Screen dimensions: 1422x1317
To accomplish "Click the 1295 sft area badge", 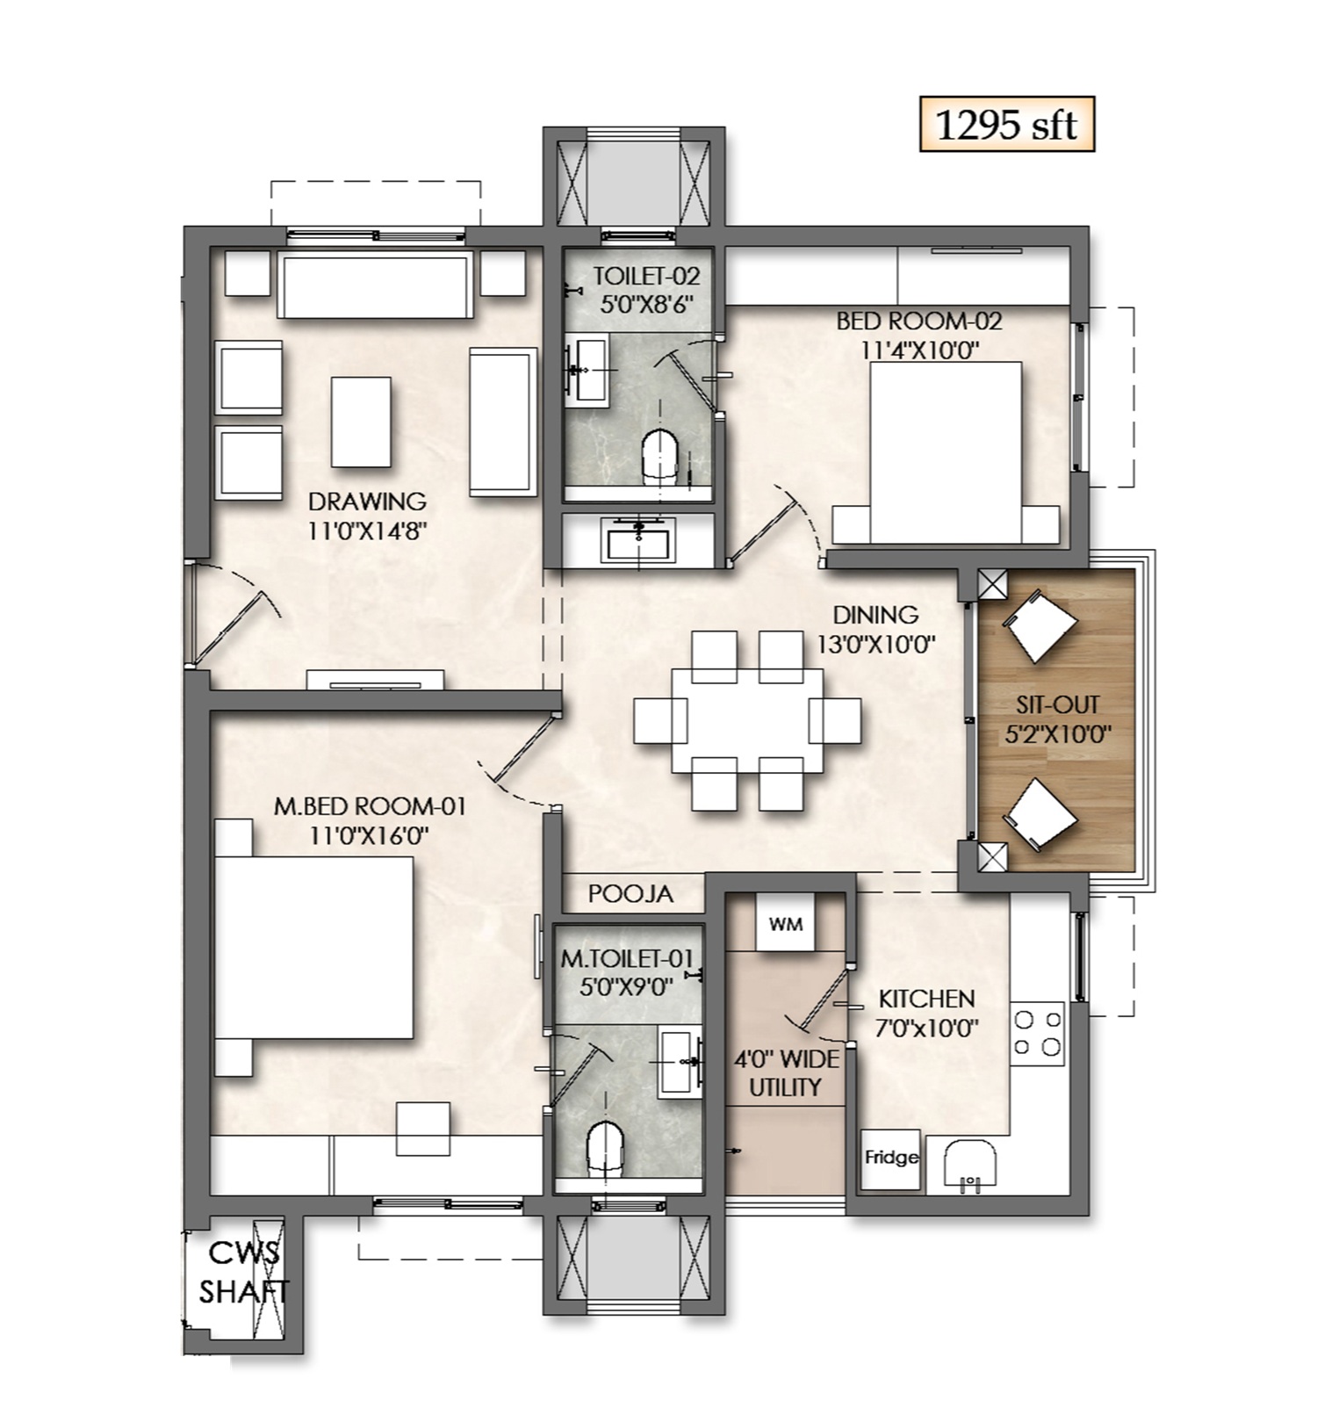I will (1006, 124).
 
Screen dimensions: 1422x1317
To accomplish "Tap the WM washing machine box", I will (785, 923).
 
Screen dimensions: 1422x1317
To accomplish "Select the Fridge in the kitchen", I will (889, 1159).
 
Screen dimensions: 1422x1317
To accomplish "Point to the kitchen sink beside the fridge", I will (970, 1166).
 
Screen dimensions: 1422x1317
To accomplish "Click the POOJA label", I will (630, 894).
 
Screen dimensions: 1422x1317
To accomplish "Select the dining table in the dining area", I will (747, 720).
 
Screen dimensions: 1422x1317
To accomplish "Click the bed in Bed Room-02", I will (945, 451).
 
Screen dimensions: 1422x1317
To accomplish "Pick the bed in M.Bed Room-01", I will (313, 949).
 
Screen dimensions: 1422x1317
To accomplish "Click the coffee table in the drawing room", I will (361, 422).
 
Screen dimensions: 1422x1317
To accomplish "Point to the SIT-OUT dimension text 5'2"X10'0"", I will (1057, 733).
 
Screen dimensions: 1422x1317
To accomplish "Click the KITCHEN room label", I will (926, 999).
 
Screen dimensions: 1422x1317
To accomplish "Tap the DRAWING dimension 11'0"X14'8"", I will (367, 531).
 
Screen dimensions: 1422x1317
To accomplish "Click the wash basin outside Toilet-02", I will (639, 538).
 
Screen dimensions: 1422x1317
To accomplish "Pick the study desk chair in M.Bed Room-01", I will (424, 1129).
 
